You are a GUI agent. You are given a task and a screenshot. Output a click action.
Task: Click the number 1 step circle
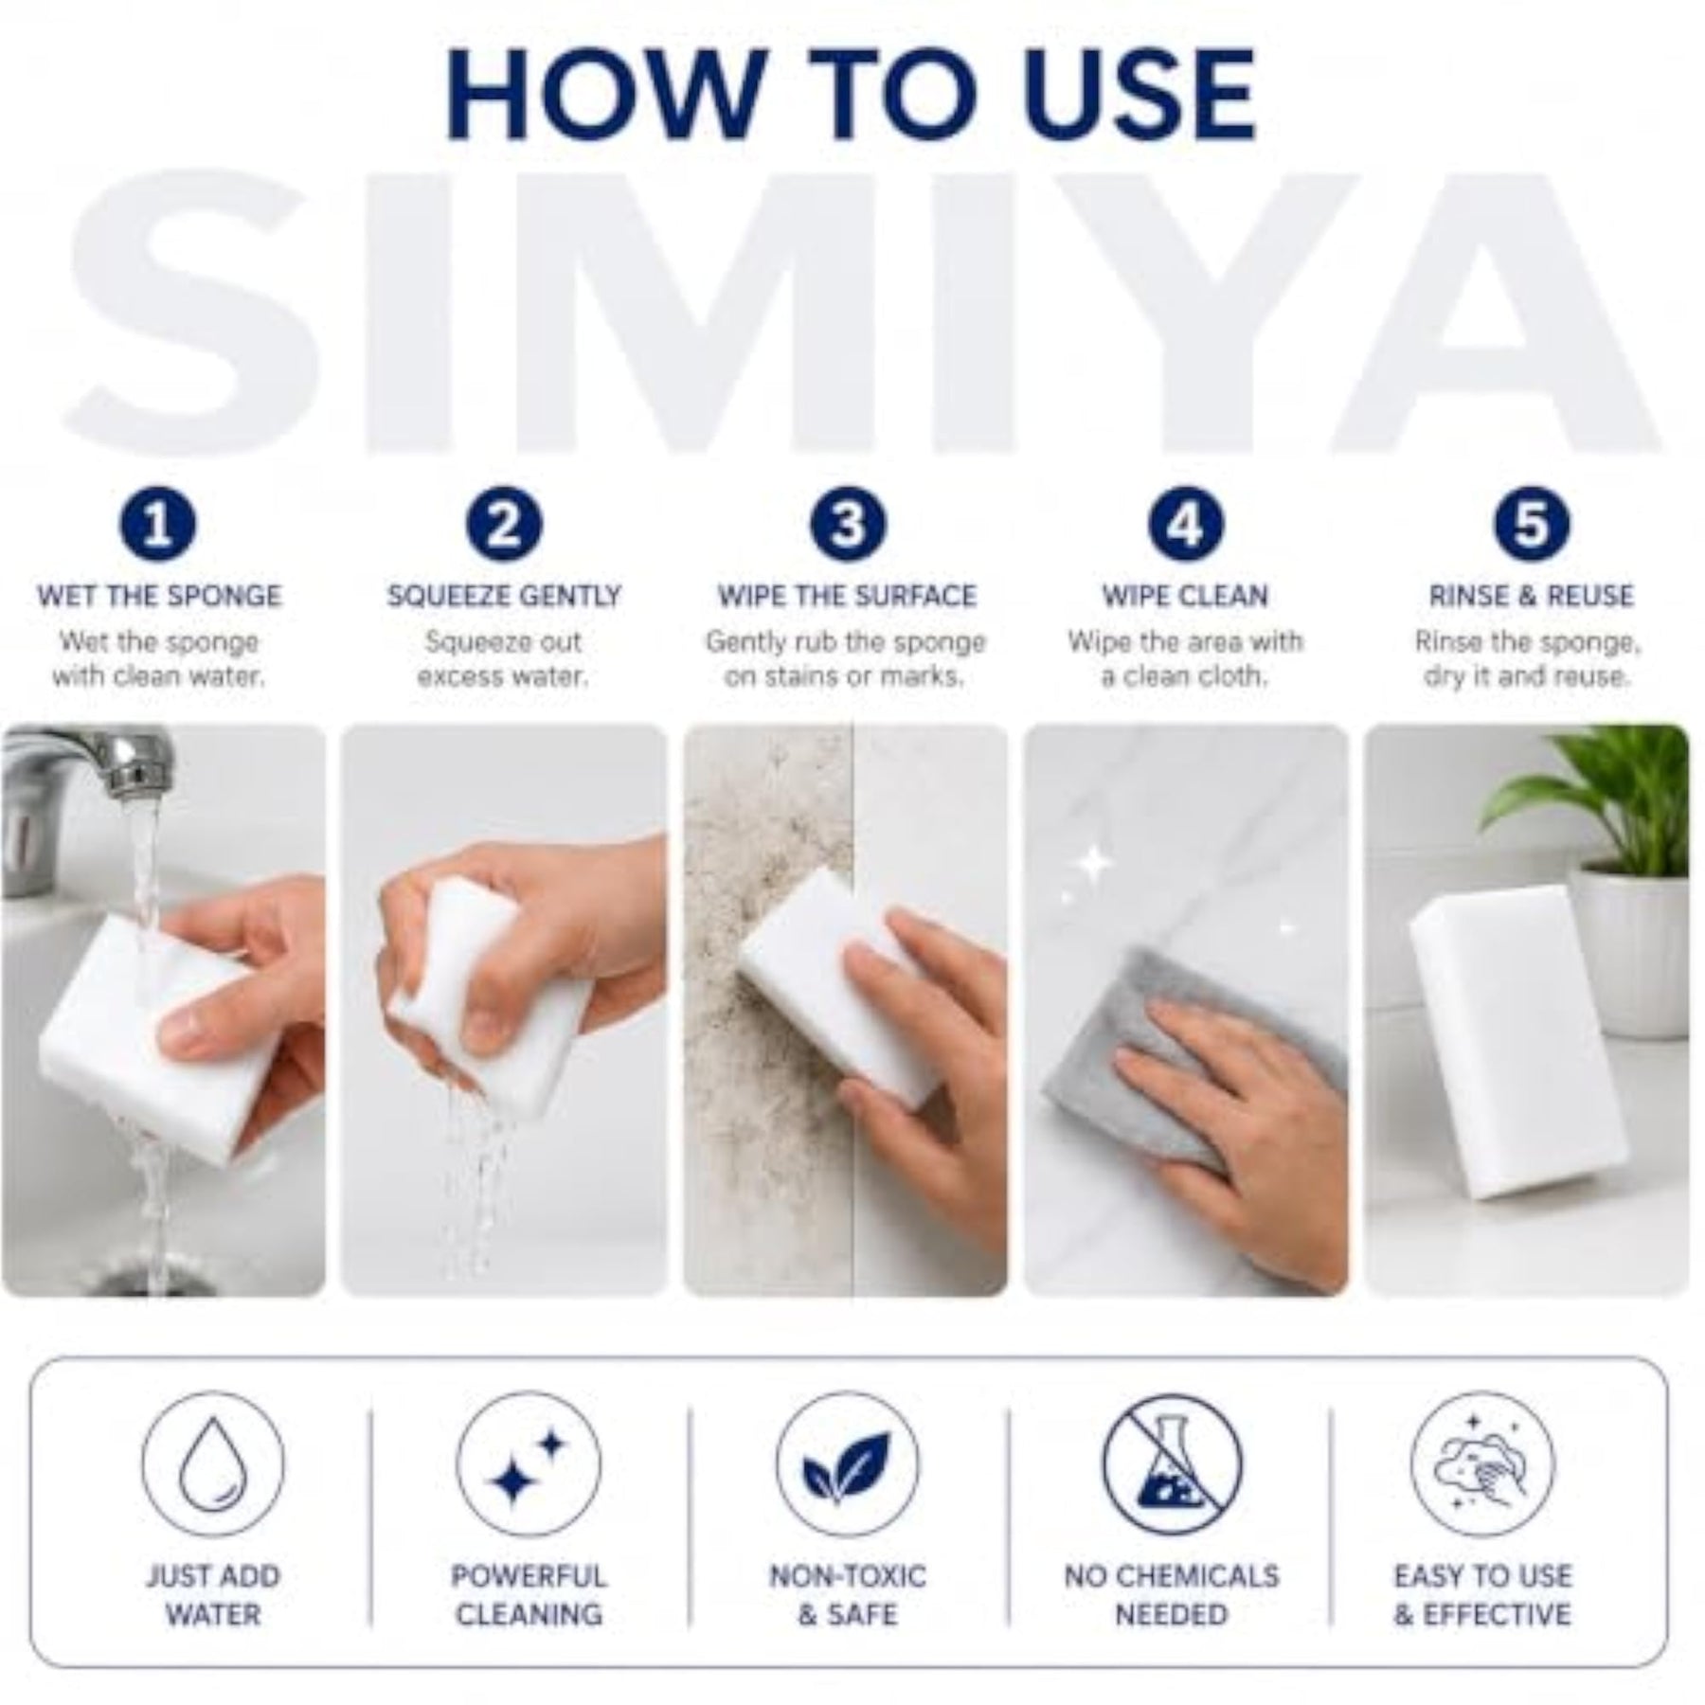(158, 524)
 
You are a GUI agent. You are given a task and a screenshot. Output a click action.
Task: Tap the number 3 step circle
(848, 524)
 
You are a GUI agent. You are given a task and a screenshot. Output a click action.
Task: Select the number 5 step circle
(1531, 524)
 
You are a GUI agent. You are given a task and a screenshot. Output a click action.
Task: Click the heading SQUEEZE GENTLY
(504, 596)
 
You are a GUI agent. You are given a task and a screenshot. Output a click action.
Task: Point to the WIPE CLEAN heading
(1185, 596)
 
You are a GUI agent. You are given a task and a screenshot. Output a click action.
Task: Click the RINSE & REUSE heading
(1531, 596)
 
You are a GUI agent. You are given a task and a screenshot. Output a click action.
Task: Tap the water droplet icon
(213, 1463)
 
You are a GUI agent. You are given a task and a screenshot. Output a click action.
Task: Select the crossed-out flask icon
(1172, 1463)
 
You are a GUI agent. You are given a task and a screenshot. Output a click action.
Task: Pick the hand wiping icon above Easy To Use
(1482, 1463)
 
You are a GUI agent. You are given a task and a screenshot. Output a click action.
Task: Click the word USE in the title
(1133, 96)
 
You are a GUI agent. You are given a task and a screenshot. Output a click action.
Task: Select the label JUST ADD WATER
(213, 1595)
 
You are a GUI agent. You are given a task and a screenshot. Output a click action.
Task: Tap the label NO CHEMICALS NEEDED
(1172, 1595)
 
